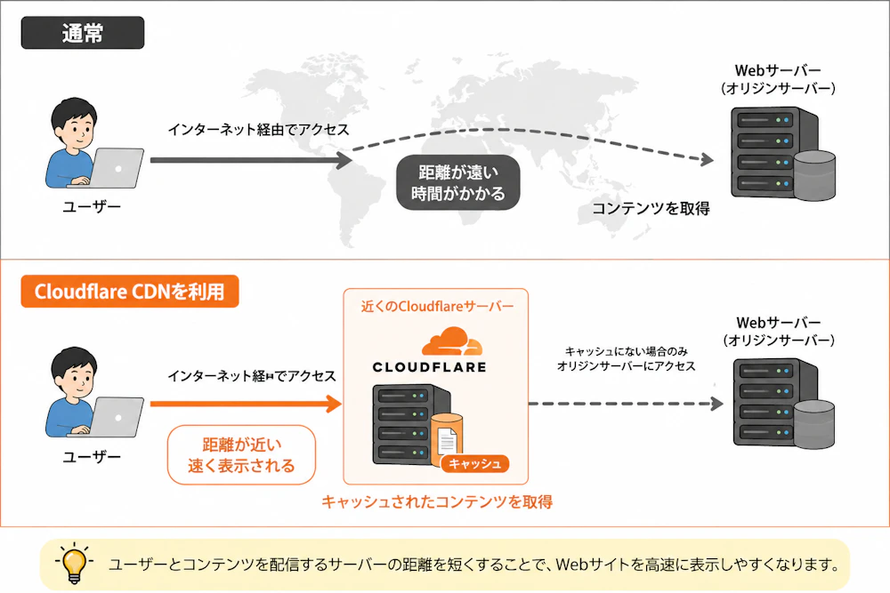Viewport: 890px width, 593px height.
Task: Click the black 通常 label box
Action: (x=82, y=33)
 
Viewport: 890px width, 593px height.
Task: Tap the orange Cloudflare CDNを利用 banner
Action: (x=129, y=292)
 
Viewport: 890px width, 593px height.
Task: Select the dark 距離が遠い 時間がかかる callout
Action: (x=458, y=182)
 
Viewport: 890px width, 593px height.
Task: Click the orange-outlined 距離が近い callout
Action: (x=241, y=455)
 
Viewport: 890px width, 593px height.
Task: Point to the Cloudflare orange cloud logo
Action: (x=452, y=341)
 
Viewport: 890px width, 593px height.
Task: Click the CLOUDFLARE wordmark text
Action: (x=429, y=367)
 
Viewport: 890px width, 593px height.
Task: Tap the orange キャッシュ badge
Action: (x=475, y=464)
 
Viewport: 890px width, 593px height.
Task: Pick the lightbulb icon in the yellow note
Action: (x=74, y=563)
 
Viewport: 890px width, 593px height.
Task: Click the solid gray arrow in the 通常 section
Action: (x=251, y=160)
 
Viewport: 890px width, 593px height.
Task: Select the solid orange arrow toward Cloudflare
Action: (x=246, y=404)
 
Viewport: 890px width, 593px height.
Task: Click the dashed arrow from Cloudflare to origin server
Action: (x=626, y=404)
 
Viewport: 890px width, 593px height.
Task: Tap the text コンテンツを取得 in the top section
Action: (x=651, y=209)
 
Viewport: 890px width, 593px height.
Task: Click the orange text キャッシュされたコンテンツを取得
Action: (x=437, y=501)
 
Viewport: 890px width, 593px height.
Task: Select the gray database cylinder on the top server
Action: (x=814, y=175)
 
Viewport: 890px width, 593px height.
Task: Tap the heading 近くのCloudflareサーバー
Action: (x=437, y=307)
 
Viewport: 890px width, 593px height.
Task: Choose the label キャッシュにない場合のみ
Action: (x=626, y=351)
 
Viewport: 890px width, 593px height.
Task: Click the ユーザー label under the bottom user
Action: (x=92, y=457)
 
